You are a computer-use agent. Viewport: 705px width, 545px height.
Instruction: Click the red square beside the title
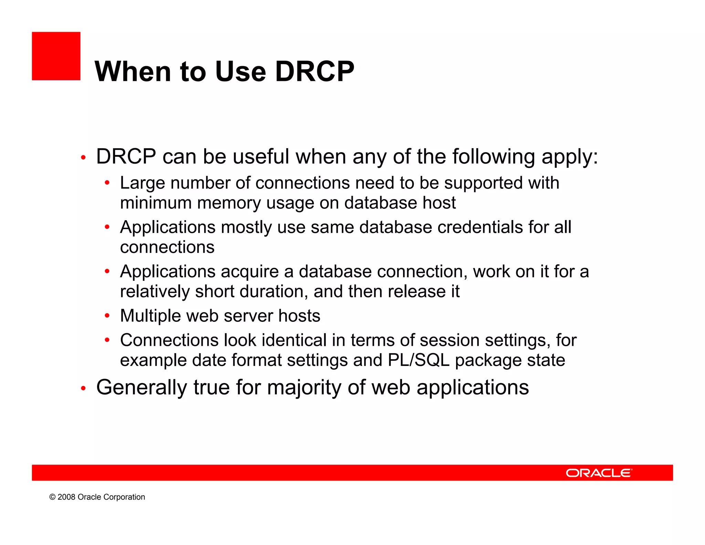click(56, 56)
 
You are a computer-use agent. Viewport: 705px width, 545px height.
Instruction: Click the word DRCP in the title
click(314, 72)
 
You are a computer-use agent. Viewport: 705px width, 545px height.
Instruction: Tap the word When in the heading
click(133, 72)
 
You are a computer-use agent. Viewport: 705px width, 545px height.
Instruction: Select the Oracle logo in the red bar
click(599, 473)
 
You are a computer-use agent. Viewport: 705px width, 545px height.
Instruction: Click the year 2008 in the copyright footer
click(66, 497)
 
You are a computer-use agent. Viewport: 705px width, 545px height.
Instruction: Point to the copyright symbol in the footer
click(52, 497)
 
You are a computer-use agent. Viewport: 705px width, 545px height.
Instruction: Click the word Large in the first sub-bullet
click(142, 183)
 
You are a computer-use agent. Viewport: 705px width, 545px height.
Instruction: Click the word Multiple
click(150, 316)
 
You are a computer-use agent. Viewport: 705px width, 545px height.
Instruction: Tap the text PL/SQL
click(419, 360)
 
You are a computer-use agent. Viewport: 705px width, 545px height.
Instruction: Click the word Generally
click(141, 388)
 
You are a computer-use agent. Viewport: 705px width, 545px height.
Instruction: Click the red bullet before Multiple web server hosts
click(107, 316)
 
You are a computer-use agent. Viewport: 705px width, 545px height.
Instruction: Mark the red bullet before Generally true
click(83, 389)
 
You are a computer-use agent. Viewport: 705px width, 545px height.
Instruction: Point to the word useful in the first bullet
click(261, 157)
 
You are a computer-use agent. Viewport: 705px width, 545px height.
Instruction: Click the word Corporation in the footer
click(124, 497)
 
